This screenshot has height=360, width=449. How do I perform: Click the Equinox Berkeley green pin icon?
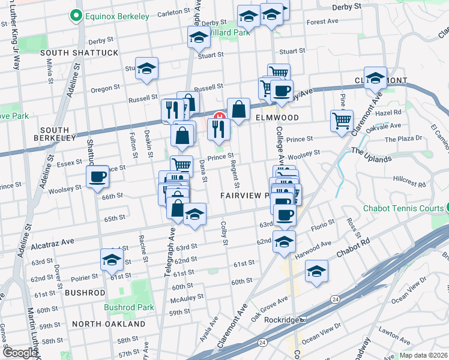coord(77,16)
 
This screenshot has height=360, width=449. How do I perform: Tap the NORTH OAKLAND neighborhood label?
coord(109,324)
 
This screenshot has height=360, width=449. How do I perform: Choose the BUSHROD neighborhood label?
coord(85,293)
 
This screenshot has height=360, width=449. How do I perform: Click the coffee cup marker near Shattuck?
coord(97,177)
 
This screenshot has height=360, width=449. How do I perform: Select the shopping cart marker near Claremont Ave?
coord(342,120)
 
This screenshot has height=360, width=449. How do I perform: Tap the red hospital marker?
coord(220,116)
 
